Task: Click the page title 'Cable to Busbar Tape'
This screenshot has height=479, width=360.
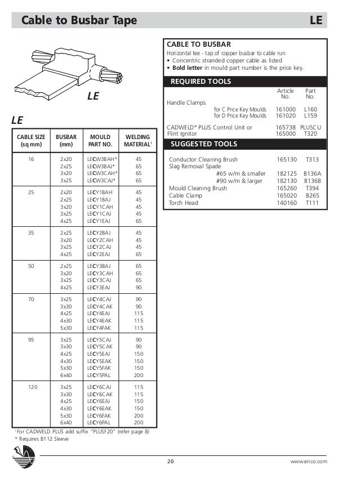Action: [x=79, y=21]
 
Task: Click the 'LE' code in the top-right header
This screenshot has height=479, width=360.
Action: [x=316, y=21]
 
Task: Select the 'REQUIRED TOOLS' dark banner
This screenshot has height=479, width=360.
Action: [x=245, y=82]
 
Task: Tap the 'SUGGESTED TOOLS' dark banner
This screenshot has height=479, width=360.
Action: [x=245, y=144]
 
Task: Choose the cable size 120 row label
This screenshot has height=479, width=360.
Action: [x=32, y=387]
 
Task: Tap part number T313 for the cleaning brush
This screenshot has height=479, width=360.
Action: [x=312, y=160]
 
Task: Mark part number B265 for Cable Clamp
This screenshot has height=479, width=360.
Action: [x=312, y=195]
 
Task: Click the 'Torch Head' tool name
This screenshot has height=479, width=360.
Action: [x=184, y=203]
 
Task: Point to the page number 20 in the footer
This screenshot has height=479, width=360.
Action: [x=171, y=462]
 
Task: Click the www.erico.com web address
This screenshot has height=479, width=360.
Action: [x=308, y=462]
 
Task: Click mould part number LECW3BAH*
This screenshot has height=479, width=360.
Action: [x=101, y=159]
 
